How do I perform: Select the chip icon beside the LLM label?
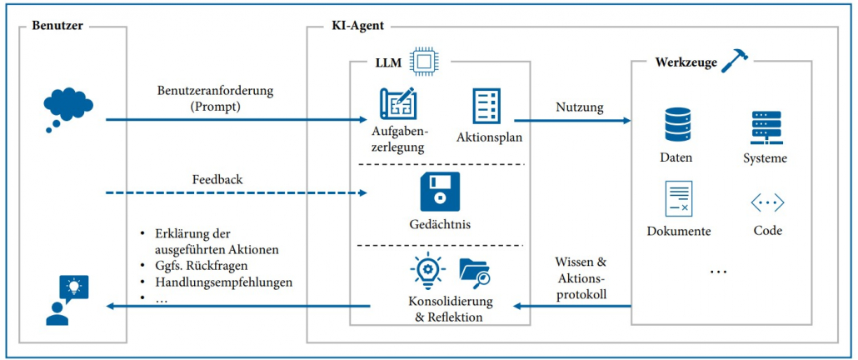click(x=424, y=60)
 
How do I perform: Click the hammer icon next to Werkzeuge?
click(x=736, y=59)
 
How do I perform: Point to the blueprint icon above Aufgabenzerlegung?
click(x=397, y=104)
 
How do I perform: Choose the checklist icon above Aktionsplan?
click(x=486, y=106)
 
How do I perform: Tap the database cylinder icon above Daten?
click(x=676, y=122)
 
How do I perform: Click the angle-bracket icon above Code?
click(x=767, y=202)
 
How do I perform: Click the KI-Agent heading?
click(x=357, y=26)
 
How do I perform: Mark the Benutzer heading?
click(x=58, y=26)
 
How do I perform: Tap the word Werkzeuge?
click(x=686, y=62)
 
